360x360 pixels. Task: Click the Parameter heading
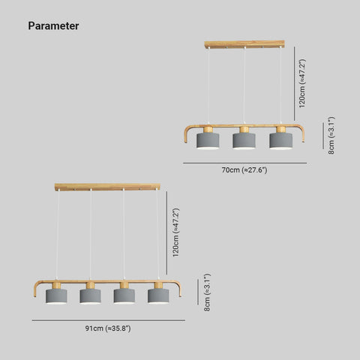click(53, 26)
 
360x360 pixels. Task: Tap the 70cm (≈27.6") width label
click(244, 170)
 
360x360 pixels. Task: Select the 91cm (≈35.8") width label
click(108, 328)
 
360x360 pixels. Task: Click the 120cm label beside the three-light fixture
click(302, 83)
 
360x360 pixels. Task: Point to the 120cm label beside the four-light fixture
click(175, 232)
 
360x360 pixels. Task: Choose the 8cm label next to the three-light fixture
click(331, 135)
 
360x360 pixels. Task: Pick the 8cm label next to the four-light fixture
click(207, 292)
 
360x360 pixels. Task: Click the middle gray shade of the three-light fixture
click(244, 140)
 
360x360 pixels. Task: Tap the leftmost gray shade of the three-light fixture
click(208, 140)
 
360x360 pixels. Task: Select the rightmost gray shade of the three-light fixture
click(280, 140)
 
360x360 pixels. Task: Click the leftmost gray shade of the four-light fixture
click(56, 296)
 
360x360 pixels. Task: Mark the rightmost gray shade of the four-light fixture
click(158, 296)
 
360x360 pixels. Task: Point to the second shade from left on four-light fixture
click(90, 296)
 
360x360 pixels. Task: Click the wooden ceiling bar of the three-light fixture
click(244, 44)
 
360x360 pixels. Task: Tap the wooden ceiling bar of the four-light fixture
click(107, 187)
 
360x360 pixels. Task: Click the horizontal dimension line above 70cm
click(245, 163)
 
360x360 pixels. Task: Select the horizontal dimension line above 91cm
click(109, 320)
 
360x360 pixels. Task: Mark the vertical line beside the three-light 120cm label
click(295, 83)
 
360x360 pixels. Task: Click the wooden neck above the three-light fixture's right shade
click(280, 130)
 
